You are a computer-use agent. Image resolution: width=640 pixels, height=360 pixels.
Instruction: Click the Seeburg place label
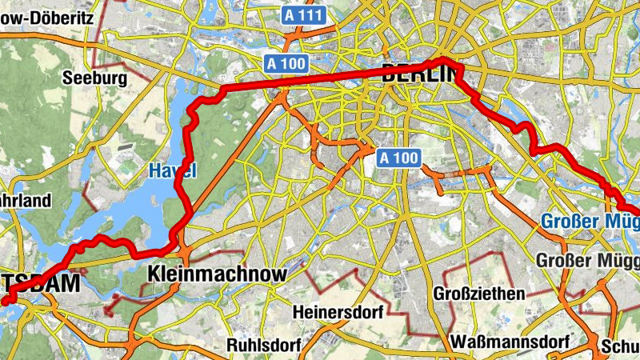94,79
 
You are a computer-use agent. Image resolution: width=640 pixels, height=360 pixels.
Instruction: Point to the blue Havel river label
172,170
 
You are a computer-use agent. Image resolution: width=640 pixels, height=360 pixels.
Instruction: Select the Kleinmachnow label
218,274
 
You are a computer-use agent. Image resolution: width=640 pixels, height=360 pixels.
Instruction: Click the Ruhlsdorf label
263,346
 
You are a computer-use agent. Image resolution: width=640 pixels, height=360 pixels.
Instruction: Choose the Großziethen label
479,294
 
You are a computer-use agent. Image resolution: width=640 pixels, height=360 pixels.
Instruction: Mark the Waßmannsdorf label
514,342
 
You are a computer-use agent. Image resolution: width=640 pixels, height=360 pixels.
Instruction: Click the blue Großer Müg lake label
590,221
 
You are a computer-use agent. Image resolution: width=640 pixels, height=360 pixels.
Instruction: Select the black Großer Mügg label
587,261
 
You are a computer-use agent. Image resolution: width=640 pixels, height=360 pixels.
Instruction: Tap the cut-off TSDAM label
40,283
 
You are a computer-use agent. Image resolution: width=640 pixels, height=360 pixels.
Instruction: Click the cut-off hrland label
25,200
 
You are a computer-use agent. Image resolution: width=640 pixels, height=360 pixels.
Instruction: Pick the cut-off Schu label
621,346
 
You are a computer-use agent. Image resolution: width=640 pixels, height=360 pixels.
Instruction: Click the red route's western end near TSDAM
4,302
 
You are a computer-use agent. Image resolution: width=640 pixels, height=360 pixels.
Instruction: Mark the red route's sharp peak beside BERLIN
445,61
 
